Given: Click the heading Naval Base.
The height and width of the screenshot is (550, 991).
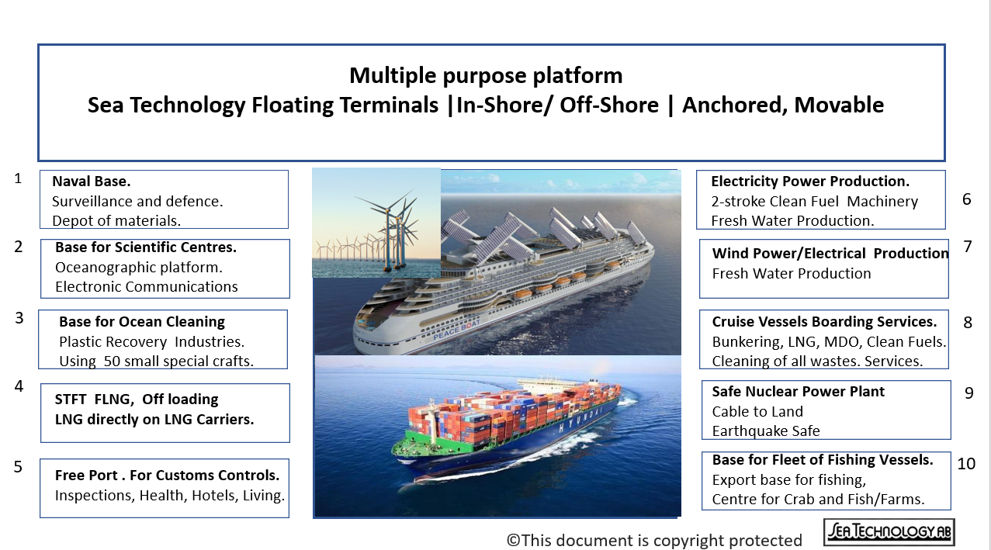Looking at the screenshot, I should click(91, 182).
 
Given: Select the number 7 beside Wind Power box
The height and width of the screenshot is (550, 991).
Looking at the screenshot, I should click(968, 247).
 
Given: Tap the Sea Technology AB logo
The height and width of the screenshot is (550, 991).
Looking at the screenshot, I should click(889, 532).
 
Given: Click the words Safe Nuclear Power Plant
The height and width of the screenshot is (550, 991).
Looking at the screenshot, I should click(798, 392).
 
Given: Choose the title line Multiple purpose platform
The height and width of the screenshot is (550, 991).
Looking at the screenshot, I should click(486, 75).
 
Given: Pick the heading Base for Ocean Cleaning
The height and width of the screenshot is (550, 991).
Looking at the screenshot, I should click(142, 322).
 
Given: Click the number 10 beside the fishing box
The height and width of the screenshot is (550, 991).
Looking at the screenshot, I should click(966, 464).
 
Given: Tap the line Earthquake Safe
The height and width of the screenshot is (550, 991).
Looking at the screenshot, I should click(765, 431).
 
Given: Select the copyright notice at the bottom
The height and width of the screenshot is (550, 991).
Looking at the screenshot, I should click(654, 540).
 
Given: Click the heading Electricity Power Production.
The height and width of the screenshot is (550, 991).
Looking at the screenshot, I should click(810, 182).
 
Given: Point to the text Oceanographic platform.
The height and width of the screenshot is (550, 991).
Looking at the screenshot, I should click(139, 268).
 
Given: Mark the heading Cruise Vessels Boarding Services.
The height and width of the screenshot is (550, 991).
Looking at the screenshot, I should click(824, 322).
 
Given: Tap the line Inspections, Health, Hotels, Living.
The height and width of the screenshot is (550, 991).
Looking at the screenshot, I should click(170, 496).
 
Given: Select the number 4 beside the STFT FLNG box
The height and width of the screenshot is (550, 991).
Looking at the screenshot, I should click(19, 386).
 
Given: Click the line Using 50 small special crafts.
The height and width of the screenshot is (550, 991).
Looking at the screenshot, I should click(156, 361).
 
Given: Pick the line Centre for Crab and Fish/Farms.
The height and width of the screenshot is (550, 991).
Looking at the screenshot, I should click(818, 500).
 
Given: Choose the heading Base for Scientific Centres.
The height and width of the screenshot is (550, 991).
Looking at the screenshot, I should click(146, 248).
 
